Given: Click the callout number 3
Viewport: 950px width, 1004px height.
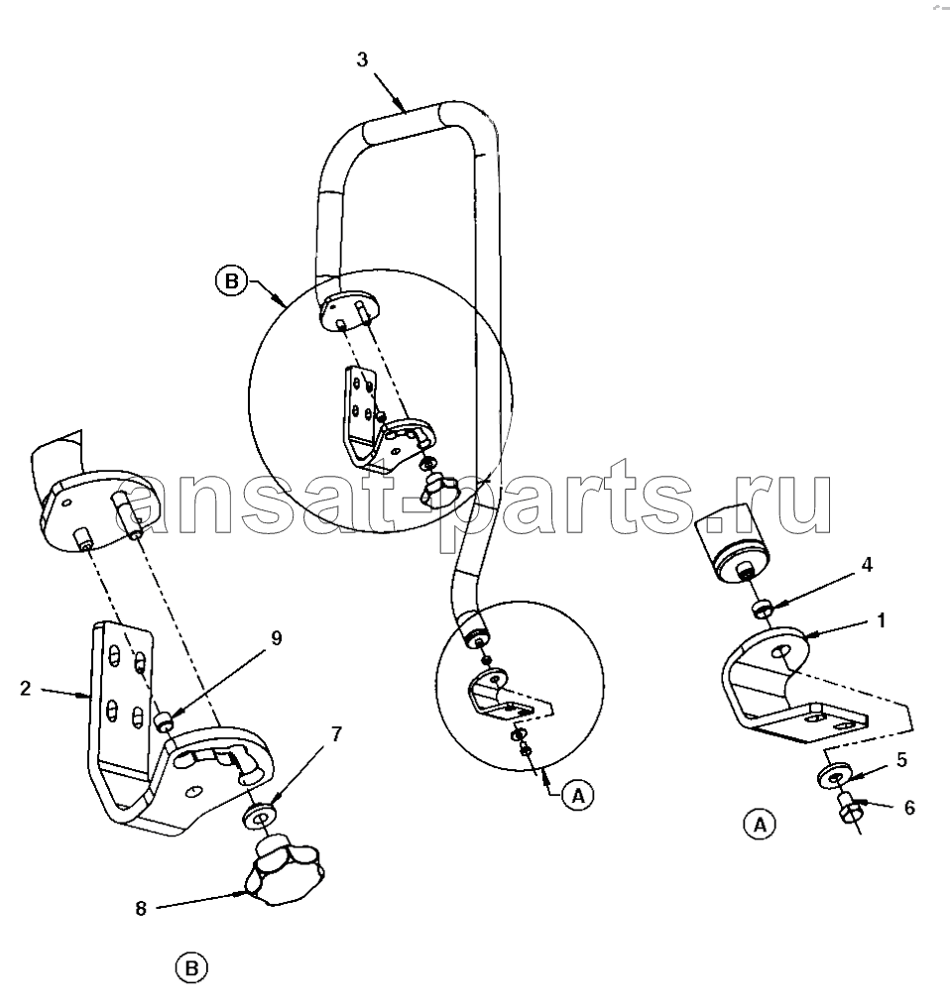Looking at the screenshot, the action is pos(363,59).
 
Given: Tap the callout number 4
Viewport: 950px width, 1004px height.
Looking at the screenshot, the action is pos(866,565).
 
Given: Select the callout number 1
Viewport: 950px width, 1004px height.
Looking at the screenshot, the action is pos(882,620).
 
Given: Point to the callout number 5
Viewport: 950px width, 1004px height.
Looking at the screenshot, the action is pos(902,760).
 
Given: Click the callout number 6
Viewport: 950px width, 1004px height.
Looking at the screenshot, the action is pos(909,808).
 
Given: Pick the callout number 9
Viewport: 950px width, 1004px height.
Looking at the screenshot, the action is pos(276,638).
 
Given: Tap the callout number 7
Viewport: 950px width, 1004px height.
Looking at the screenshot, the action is pos(337,734).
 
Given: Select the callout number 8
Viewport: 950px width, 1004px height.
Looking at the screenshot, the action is pos(141,908).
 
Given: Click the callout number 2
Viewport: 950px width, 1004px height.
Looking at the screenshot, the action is pos(25,688).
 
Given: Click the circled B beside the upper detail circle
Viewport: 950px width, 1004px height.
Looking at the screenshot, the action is pos(231,281).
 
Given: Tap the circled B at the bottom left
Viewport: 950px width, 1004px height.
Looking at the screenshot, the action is pos(191,968).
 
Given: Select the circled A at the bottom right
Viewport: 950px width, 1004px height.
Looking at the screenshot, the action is pos(760,825).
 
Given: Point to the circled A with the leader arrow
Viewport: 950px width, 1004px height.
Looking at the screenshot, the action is pos(578,796).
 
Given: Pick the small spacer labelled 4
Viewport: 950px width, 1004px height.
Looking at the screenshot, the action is pos(763,608).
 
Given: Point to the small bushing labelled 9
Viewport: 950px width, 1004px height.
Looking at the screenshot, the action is pos(164,723).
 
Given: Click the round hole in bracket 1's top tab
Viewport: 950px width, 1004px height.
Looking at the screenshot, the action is pos(780,651).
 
